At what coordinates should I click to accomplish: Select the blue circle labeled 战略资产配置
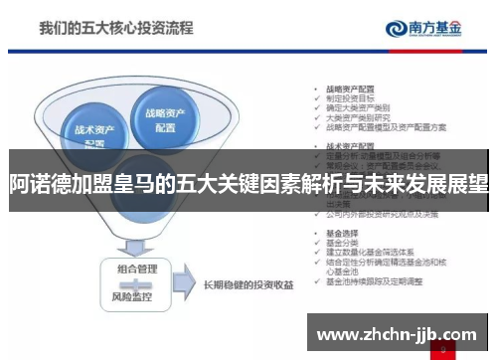click(170, 119)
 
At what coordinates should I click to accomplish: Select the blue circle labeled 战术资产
click(93, 133)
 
